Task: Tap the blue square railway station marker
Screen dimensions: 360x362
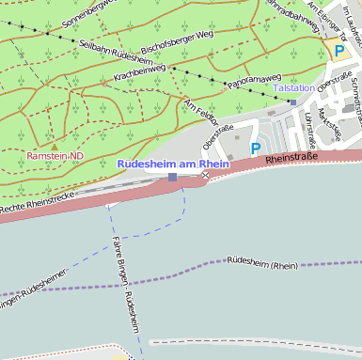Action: click(x=172, y=177)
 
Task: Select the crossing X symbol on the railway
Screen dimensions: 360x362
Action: click(x=205, y=175)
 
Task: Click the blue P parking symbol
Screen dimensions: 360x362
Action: click(x=255, y=149)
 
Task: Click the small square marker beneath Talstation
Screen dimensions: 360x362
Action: click(x=293, y=101)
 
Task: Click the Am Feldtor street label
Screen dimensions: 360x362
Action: click(x=201, y=114)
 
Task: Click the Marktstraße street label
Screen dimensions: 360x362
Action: click(x=330, y=122)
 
